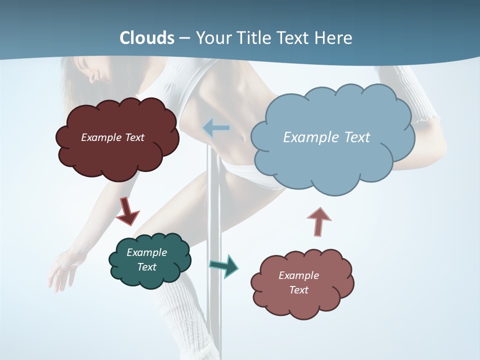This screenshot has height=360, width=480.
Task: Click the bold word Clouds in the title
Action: coord(147,38)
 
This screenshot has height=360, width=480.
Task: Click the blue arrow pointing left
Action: coord(216,128)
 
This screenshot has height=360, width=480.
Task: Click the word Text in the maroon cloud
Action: coord(134,137)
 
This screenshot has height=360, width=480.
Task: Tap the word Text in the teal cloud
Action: coord(147,267)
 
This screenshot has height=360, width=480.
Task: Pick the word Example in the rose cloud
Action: coord(298,275)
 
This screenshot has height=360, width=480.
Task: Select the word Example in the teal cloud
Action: coord(147,252)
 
